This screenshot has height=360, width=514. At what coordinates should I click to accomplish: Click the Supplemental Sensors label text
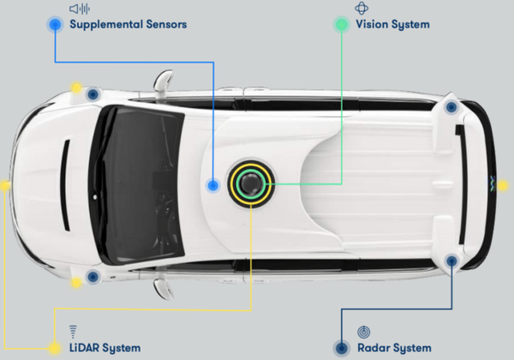point(128,25)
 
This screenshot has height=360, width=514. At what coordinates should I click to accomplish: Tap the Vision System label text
point(392,25)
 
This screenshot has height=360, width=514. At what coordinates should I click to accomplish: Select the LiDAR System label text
point(105,348)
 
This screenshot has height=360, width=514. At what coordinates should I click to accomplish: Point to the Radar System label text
point(394,348)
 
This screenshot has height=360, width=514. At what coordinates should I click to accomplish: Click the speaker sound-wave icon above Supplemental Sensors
point(80,9)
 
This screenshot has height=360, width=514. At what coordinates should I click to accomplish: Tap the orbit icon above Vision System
point(362,9)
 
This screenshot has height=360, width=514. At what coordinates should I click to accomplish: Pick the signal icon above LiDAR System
point(73,332)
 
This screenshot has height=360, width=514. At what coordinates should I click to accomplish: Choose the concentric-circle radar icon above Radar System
point(364,332)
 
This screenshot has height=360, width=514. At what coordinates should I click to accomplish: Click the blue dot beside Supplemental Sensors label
point(55,25)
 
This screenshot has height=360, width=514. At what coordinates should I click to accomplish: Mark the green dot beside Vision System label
point(342,25)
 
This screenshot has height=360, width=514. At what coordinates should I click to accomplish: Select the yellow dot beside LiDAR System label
point(55,348)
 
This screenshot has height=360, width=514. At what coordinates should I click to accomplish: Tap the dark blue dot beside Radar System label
point(342,348)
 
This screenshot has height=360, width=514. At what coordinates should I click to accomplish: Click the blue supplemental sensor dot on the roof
point(213,186)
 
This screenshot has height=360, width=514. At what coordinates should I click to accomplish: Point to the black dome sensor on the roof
point(251,183)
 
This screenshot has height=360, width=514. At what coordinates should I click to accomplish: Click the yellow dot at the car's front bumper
point(4,186)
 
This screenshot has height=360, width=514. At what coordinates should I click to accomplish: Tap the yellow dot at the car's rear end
point(503,186)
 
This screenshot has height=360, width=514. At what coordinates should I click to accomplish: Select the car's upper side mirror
point(163,81)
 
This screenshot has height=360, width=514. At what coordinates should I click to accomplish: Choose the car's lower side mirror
point(163,289)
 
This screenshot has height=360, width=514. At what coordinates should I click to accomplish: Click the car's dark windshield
point(138,184)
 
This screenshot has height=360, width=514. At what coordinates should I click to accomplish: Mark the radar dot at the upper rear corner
point(451,107)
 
